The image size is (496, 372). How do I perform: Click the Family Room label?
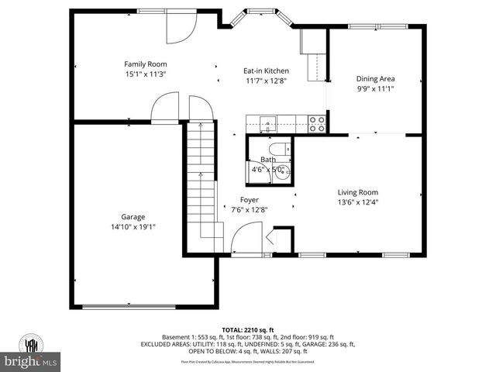point(146,64)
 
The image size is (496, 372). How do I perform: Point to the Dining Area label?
point(377,78)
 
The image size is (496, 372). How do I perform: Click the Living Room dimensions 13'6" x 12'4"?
point(357,202)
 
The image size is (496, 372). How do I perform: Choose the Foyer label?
point(250,199)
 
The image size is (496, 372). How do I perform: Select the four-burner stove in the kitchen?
point(316,122)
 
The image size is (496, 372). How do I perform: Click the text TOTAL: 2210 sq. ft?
point(247,329)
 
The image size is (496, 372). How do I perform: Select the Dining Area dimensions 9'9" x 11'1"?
point(377,88)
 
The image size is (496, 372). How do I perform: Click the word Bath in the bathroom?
point(268,160)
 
